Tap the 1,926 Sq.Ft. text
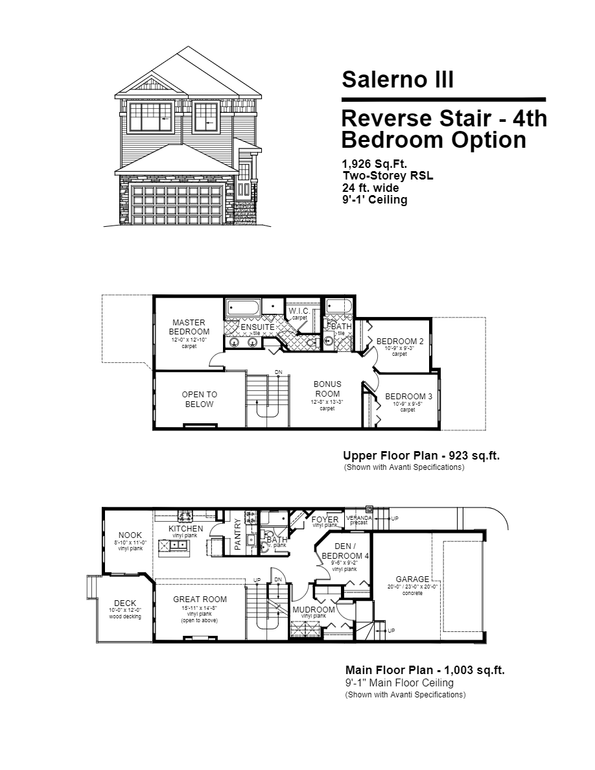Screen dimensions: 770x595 (375, 164)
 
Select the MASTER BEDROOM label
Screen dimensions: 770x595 (189, 327)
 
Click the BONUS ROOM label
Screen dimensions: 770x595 (327, 389)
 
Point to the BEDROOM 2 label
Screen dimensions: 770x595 (400, 342)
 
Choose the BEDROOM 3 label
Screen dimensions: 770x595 (408, 397)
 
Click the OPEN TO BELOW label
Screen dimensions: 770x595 (200, 399)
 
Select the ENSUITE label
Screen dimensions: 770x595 (257, 327)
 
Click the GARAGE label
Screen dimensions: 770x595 (412, 579)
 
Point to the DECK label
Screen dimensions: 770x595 (125, 603)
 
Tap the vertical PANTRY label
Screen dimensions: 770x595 (238, 535)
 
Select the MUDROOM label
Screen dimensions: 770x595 (314, 609)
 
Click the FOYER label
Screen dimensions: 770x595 (325, 519)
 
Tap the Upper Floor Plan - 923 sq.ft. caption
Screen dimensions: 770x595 (421, 456)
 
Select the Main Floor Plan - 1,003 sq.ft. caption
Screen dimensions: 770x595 (425, 670)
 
